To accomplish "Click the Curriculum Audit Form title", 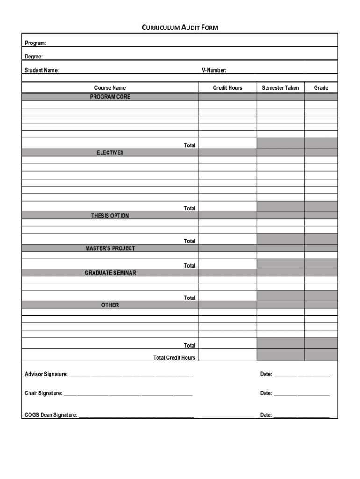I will (180, 28).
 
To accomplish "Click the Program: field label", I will (36, 44).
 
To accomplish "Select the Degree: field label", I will (34, 57).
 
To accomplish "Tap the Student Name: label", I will (42, 71).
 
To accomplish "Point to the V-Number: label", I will (214, 71).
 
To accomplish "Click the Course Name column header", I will (110, 88).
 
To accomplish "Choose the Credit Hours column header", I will (228, 88).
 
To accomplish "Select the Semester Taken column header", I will (281, 88).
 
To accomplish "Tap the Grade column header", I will (321, 88).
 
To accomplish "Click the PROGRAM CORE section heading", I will (110, 97).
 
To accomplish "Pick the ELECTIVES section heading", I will (110, 153).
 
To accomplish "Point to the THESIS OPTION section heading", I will (110, 216).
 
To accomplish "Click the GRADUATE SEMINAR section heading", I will (110, 273).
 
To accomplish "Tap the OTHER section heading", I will (110, 305).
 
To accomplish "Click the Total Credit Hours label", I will (174, 358).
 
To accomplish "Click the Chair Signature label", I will (43, 393).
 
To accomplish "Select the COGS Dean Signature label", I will (51, 415).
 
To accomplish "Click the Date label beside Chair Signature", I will (266, 393).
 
